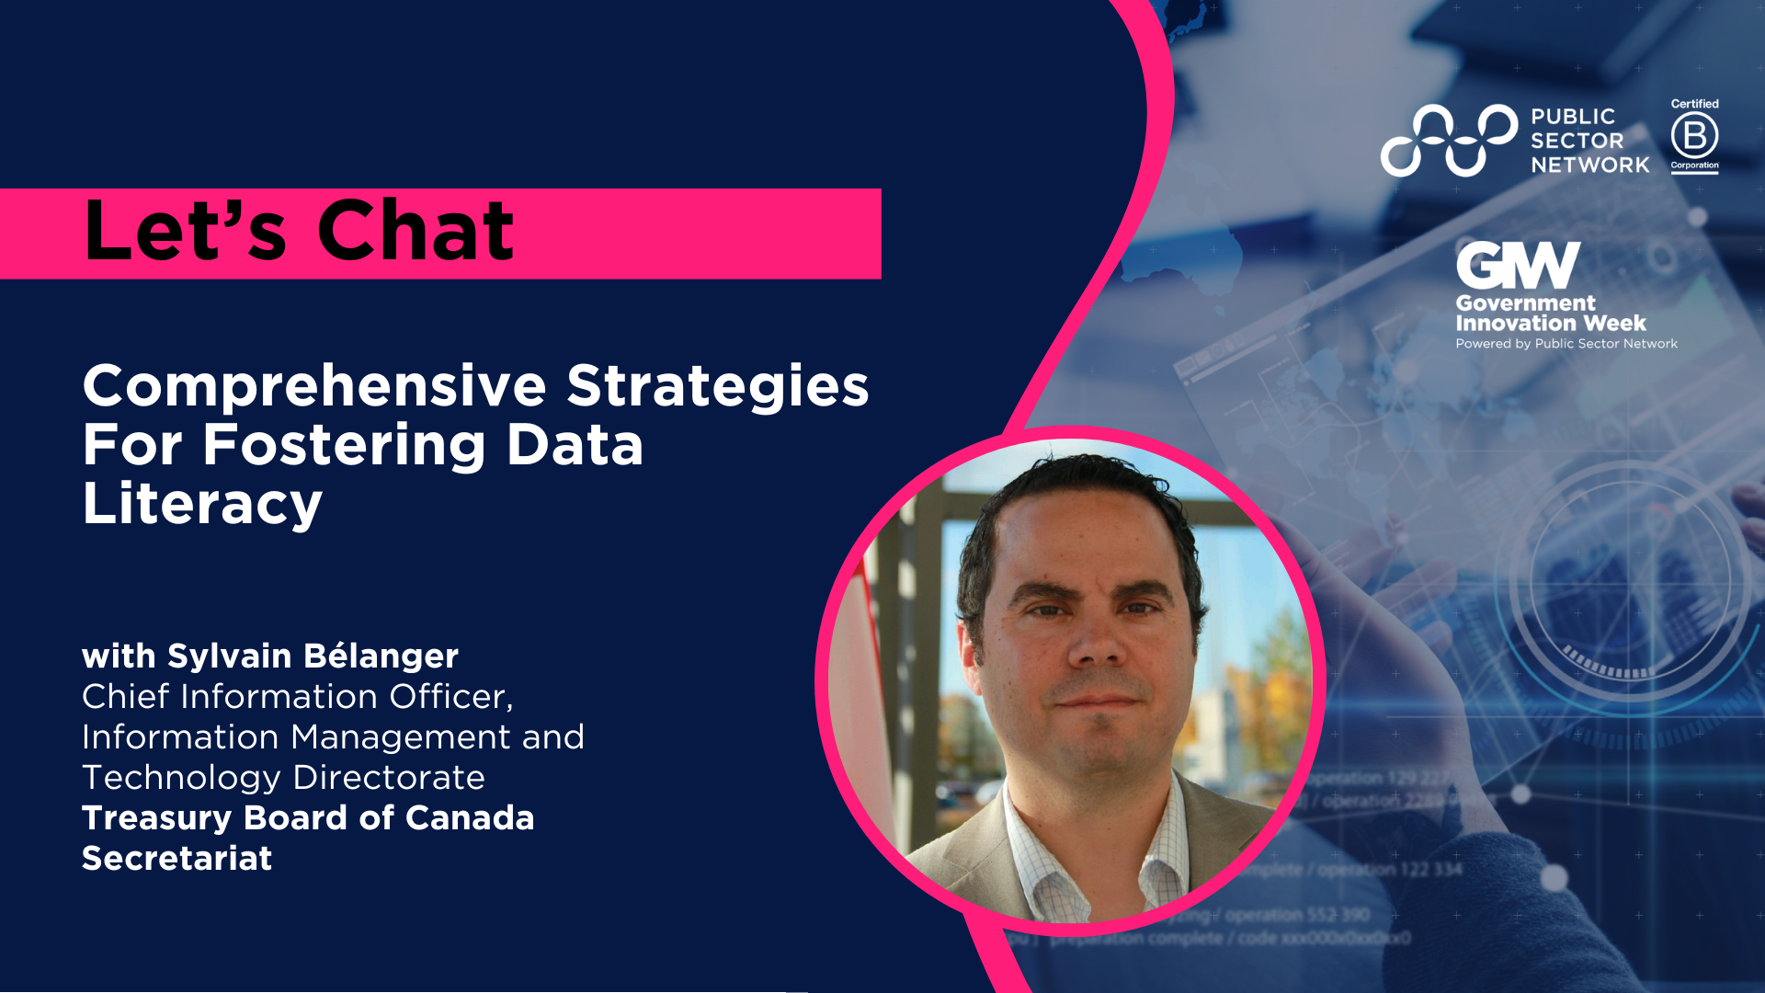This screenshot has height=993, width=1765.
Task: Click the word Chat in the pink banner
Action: [x=416, y=231]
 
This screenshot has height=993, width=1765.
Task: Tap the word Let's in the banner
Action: [x=185, y=231]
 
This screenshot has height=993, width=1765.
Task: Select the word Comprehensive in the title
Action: [x=314, y=386]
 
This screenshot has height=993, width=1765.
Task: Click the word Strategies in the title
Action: [x=717, y=386]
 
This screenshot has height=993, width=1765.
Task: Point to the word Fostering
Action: [x=344, y=445]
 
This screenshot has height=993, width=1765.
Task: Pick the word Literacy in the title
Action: [x=202, y=504]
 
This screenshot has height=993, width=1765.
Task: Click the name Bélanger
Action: [x=381, y=656]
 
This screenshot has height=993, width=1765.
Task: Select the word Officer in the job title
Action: [x=450, y=697]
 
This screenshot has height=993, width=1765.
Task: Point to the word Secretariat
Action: [x=176, y=859]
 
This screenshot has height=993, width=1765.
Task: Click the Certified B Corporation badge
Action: [x=1694, y=136]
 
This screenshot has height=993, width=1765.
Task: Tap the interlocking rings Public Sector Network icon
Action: [x=1449, y=140]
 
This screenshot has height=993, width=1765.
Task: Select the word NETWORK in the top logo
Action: [x=1589, y=165]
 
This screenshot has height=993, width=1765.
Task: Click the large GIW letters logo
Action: [x=1518, y=265]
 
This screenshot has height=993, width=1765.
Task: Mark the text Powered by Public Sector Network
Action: [x=1566, y=344]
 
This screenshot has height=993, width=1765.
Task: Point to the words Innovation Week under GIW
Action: [x=1551, y=324]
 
